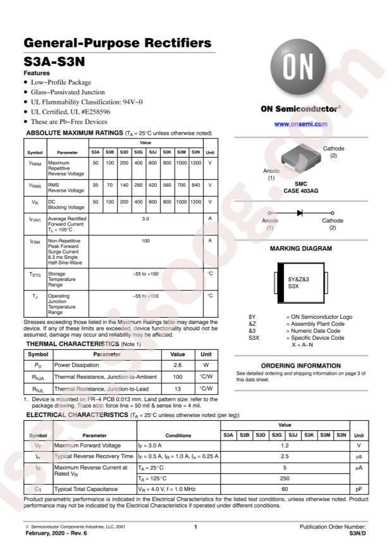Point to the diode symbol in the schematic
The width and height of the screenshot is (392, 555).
click(299, 212)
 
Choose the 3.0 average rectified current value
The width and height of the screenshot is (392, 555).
click(145, 217)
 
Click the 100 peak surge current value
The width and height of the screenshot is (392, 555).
click(145, 240)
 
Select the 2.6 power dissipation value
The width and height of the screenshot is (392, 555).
click(178, 365)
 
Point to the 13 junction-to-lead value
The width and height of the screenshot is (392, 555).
click(178, 389)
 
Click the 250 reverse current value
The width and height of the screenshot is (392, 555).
click(285, 479)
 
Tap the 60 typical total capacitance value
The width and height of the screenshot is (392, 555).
click(285, 490)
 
